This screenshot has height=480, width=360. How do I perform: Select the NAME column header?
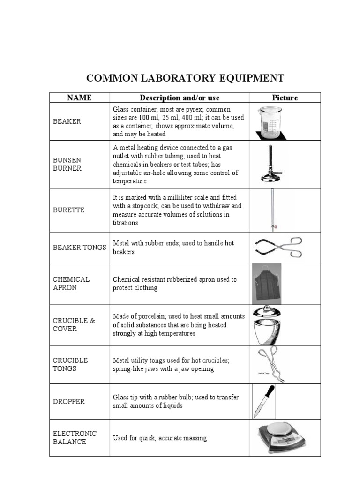coord(79,97)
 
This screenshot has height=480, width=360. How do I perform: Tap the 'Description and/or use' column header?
coord(179,97)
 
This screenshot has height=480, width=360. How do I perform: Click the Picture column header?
coord(285,97)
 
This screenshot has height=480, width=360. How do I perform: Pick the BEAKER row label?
coord(67,121)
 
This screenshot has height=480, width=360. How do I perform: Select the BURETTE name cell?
coord(69,210)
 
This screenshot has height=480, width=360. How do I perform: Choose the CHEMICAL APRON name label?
coord(71,284)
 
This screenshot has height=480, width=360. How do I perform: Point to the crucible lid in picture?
coord(266,313)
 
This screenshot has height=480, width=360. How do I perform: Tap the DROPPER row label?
coord(69,402)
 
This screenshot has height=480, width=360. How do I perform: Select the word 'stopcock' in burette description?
coord(142,206)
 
